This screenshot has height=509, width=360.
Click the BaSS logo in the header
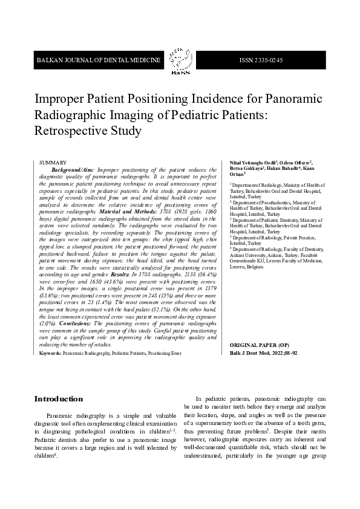click(x=180, y=60)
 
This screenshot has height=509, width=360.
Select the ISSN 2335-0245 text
click(x=261, y=60)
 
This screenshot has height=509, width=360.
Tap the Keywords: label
click(x=50, y=352)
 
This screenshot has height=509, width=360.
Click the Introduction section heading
click(x=58, y=399)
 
